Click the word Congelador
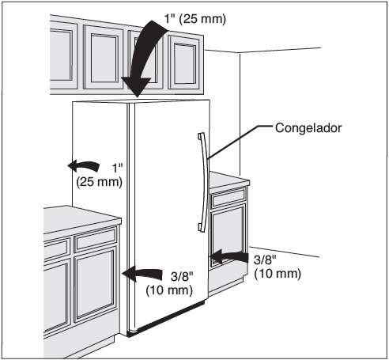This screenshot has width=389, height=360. point(308,128)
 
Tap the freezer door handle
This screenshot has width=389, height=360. point(204,182)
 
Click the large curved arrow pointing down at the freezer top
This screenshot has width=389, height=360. point(142,57)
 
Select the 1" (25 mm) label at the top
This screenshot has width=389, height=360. point(195,19)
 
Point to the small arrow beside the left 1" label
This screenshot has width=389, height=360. point(84,165)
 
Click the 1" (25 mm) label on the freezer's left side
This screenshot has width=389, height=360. point(100,175)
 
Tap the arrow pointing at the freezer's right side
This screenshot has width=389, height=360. point(228,257)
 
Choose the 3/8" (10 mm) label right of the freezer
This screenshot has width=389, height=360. point(278,267)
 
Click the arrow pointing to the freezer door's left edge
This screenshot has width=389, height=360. point(142,274)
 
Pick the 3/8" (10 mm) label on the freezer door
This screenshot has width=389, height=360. point(169,283)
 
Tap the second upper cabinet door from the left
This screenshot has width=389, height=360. point(104,58)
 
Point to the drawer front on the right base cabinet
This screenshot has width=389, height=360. point(228,197)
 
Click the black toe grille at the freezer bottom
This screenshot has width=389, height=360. point(167,318)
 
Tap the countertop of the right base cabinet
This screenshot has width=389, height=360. point(228,180)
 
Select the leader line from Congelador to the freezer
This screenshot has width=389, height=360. point(240,142)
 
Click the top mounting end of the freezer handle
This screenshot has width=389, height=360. point(201,136)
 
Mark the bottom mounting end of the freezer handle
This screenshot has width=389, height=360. point(202,228)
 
